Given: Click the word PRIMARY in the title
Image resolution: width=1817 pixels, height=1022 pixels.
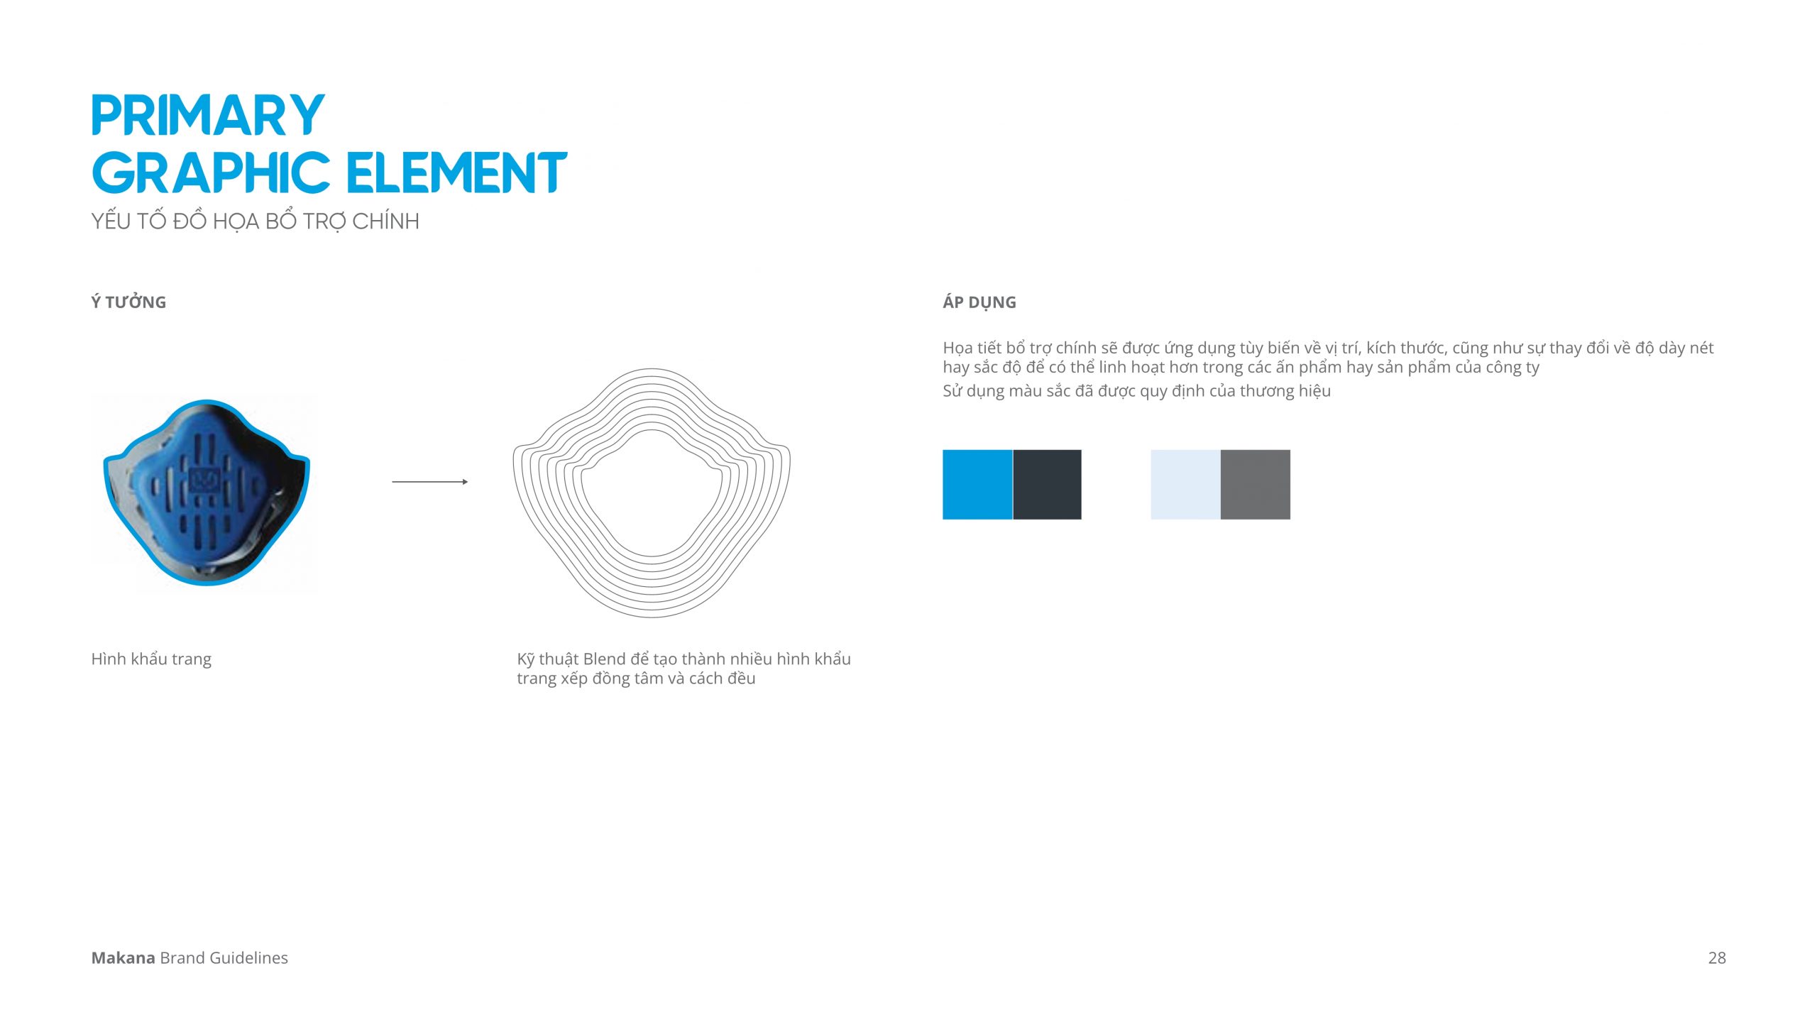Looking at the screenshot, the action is tap(208, 115).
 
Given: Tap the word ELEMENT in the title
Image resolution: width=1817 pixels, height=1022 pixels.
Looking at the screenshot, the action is tap(457, 172).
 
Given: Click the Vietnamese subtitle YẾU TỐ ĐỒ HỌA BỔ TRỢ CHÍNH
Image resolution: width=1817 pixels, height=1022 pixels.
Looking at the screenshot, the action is tap(255, 221).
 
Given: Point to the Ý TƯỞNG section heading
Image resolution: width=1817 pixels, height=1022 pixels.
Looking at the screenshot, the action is tap(128, 302).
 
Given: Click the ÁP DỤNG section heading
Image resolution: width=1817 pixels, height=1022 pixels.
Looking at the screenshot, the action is tap(979, 302).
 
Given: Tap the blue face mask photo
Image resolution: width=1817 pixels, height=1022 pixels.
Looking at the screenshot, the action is tap(207, 493).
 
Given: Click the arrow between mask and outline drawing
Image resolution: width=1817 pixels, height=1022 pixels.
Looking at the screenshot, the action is tap(430, 482).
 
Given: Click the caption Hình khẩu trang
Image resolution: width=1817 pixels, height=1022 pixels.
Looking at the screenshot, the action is tap(151, 659).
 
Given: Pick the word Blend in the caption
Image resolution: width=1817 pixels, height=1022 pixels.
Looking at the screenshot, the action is tap(604, 659).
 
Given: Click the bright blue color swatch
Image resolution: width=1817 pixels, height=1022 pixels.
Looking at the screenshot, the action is tap(977, 485).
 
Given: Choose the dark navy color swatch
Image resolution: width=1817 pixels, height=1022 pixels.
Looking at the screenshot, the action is tap(1047, 485).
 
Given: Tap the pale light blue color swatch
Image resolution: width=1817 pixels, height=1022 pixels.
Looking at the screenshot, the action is tap(1185, 485).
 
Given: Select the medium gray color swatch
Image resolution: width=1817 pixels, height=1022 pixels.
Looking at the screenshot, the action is tap(1256, 485).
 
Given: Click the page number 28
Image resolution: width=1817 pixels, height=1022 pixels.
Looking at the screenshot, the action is tap(1717, 958).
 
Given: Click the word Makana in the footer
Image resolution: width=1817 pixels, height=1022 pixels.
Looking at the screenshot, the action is tap(123, 958).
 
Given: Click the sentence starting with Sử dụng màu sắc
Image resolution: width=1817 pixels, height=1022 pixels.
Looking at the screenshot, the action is tap(1136, 391).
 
